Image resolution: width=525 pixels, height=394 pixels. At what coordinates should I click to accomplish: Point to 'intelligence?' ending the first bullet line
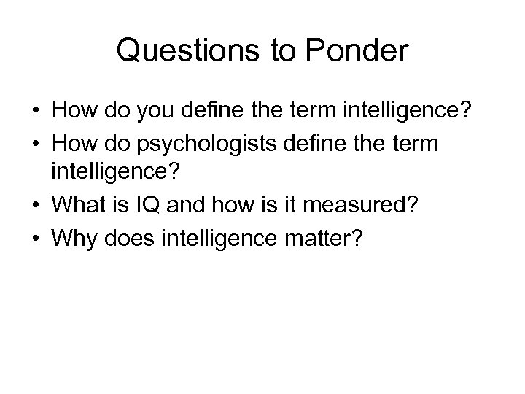[410, 114]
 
